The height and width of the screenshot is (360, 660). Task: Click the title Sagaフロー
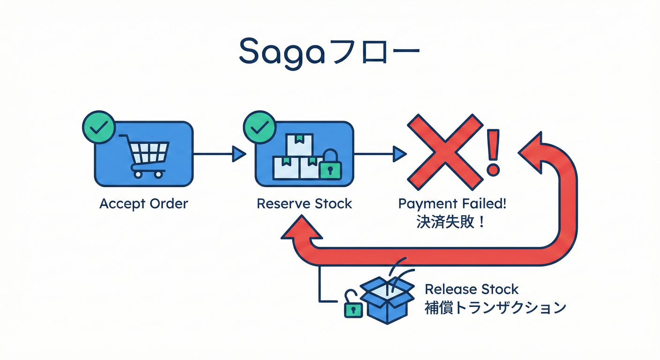(x=329, y=52)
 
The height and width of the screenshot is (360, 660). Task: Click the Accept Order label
(x=143, y=204)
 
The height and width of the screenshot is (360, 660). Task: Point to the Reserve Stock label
(x=304, y=204)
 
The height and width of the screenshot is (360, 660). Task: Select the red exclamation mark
(x=494, y=152)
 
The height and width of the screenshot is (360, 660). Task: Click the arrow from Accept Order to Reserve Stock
(x=219, y=153)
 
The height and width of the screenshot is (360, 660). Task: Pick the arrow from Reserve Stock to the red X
(x=380, y=153)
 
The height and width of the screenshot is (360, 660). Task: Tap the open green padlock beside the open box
(x=353, y=307)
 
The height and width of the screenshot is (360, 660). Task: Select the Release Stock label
(x=472, y=289)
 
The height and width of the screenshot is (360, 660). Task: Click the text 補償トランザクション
(x=495, y=307)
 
